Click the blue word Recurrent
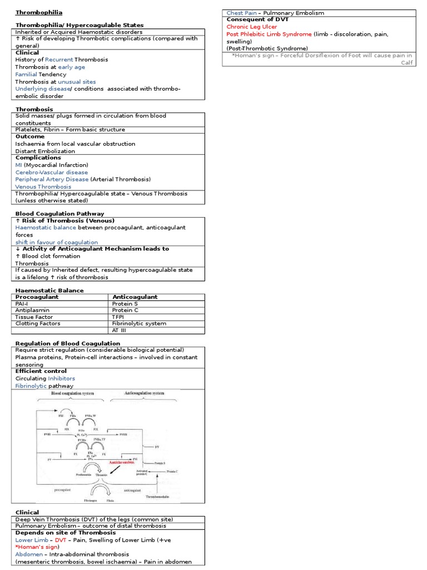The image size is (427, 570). (58, 60)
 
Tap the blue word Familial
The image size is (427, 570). (26, 74)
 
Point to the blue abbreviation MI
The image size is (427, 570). (18, 165)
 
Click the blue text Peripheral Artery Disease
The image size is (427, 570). (52, 179)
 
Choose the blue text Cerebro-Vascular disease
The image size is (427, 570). (52, 172)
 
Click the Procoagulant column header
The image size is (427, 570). (37, 297)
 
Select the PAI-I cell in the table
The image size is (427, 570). (23, 303)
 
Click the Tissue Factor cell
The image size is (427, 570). (34, 317)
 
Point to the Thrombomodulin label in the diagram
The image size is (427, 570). (160, 495)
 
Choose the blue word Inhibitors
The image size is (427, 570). (61, 379)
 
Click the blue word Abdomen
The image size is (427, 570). (29, 554)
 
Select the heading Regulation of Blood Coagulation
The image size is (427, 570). (68, 343)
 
